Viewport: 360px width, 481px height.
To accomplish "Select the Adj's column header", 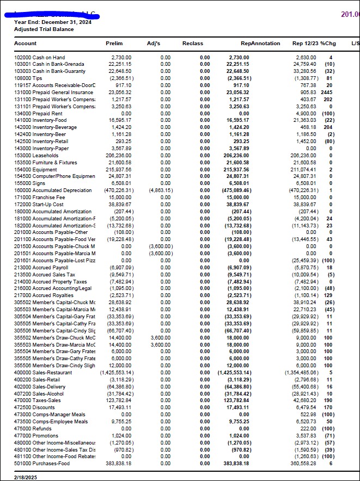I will tap(154, 43).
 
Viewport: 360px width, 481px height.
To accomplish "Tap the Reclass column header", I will tap(192, 43).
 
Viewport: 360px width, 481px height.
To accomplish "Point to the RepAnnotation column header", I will tap(260, 43).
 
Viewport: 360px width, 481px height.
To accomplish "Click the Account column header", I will tap(25, 43).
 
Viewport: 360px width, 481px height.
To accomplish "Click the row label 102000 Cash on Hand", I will tap(40, 57).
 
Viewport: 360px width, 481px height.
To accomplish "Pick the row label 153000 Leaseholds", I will tap(36, 155).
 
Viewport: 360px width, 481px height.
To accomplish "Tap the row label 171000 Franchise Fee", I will tap(40, 198).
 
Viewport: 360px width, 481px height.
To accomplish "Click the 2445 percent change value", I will tap(327, 92).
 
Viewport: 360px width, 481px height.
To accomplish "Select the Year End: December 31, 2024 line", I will tap(53, 22).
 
